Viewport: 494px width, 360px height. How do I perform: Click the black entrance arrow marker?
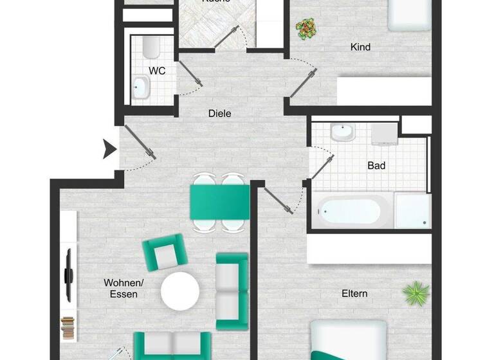point(110,150)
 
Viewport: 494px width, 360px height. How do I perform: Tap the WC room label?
point(157,71)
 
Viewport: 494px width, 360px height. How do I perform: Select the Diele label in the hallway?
point(219,114)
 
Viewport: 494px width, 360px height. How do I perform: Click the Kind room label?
point(360,47)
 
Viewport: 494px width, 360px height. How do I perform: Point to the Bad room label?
point(376,166)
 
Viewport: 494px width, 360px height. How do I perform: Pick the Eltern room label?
point(354,294)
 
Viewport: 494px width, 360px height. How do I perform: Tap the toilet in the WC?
point(151,47)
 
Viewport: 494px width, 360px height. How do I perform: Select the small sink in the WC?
point(140,86)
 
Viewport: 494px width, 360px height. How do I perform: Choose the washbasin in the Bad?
point(343,133)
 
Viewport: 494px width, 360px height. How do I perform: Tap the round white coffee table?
point(180,291)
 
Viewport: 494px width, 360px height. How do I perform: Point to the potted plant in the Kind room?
point(306,28)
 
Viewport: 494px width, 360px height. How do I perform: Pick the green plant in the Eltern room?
point(416,294)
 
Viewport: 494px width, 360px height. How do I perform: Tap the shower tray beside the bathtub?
point(412,211)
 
